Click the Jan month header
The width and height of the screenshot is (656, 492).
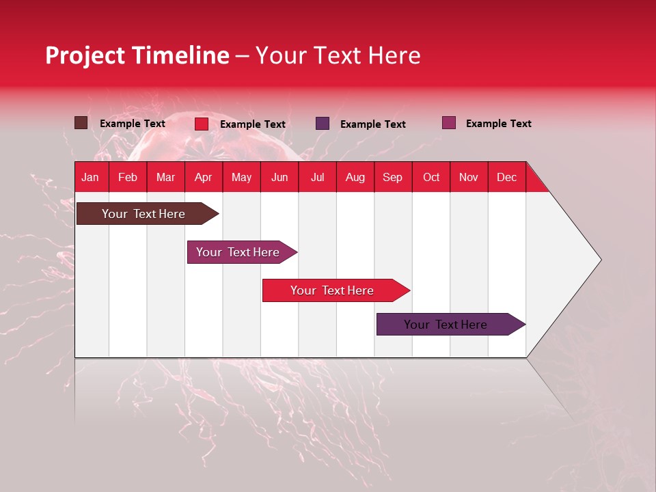pyautogui.click(x=90, y=177)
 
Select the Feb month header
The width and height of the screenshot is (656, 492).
pyautogui.click(x=128, y=177)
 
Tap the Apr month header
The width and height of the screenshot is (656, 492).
pyautogui.click(x=203, y=177)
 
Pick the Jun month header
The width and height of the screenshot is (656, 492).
pyautogui.click(x=279, y=177)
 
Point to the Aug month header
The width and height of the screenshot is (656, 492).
pyautogui.click(x=355, y=177)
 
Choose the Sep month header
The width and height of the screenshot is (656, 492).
pyautogui.click(x=392, y=177)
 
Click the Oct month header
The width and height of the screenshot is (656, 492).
pyautogui.click(x=431, y=177)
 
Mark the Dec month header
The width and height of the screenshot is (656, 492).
pyautogui.click(x=506, y=177)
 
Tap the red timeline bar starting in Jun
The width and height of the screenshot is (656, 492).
pyautogui.click(x=333, y=290)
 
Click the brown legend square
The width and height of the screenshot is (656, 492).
pyautogui.click(x=81, y=123)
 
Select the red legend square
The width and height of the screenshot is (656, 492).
pyautogui.click(x=202, y=124)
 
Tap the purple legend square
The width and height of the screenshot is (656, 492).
pyautogui.click(x=323, y=124)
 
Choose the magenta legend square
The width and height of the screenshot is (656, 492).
pyautogui.click(x=448, y=123)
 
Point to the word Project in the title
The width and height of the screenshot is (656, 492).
pyautogui.click(x=85, y=55)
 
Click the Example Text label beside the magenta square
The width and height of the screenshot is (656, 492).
pyautogui.click(x=498, y=124)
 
